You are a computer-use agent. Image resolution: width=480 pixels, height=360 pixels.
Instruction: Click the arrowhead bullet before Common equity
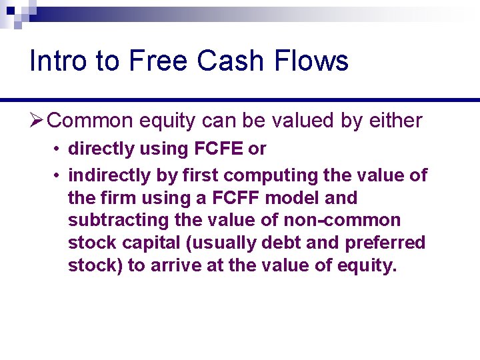[x=37, y=121]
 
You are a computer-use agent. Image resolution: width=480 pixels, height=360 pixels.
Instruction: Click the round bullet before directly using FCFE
[x=59, y=149]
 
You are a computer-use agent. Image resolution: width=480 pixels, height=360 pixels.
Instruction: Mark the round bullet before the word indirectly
[x=59, y=176]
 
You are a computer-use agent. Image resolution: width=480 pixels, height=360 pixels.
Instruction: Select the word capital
[x=149, y=243]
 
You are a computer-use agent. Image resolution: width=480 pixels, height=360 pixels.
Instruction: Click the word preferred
[x=385, y=243]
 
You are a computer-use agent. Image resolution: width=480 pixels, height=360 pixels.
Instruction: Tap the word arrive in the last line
[x=182, y=266]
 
